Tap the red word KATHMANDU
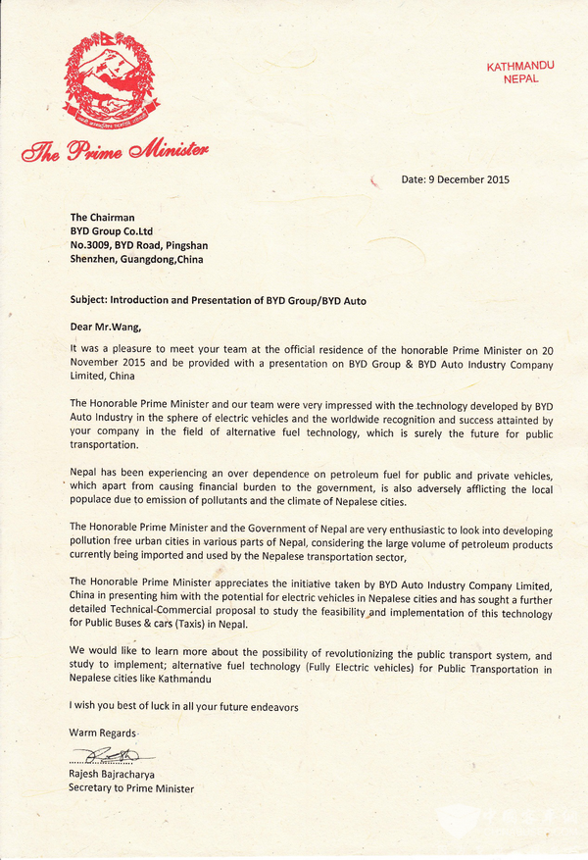(x=520, y=66)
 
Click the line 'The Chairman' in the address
(x=102, y=218)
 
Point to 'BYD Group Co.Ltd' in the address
(x=111, y=231)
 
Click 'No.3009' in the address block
(x=90, y=245)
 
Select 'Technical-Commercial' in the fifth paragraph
(x=163, y=610)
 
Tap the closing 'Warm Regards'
(x=102, y=734)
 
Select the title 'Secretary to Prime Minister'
(x=131, y=788)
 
